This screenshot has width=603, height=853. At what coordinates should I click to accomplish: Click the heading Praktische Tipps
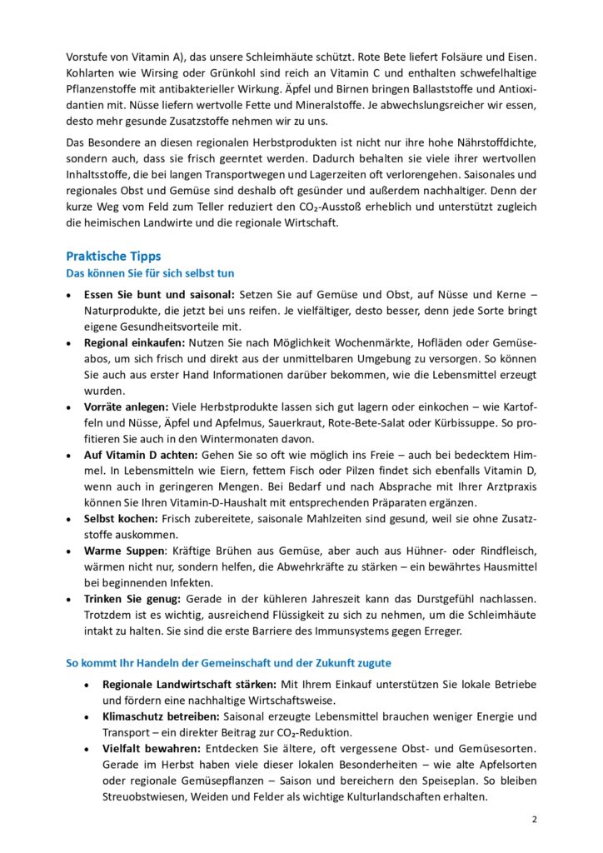pyautogui.click(x=113, y=257)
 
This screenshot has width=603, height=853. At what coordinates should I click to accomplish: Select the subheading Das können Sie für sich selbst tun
pyautogui.click(x=150, y=274)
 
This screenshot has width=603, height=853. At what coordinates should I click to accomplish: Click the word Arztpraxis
pyautogui.click(x=504, y=486)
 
